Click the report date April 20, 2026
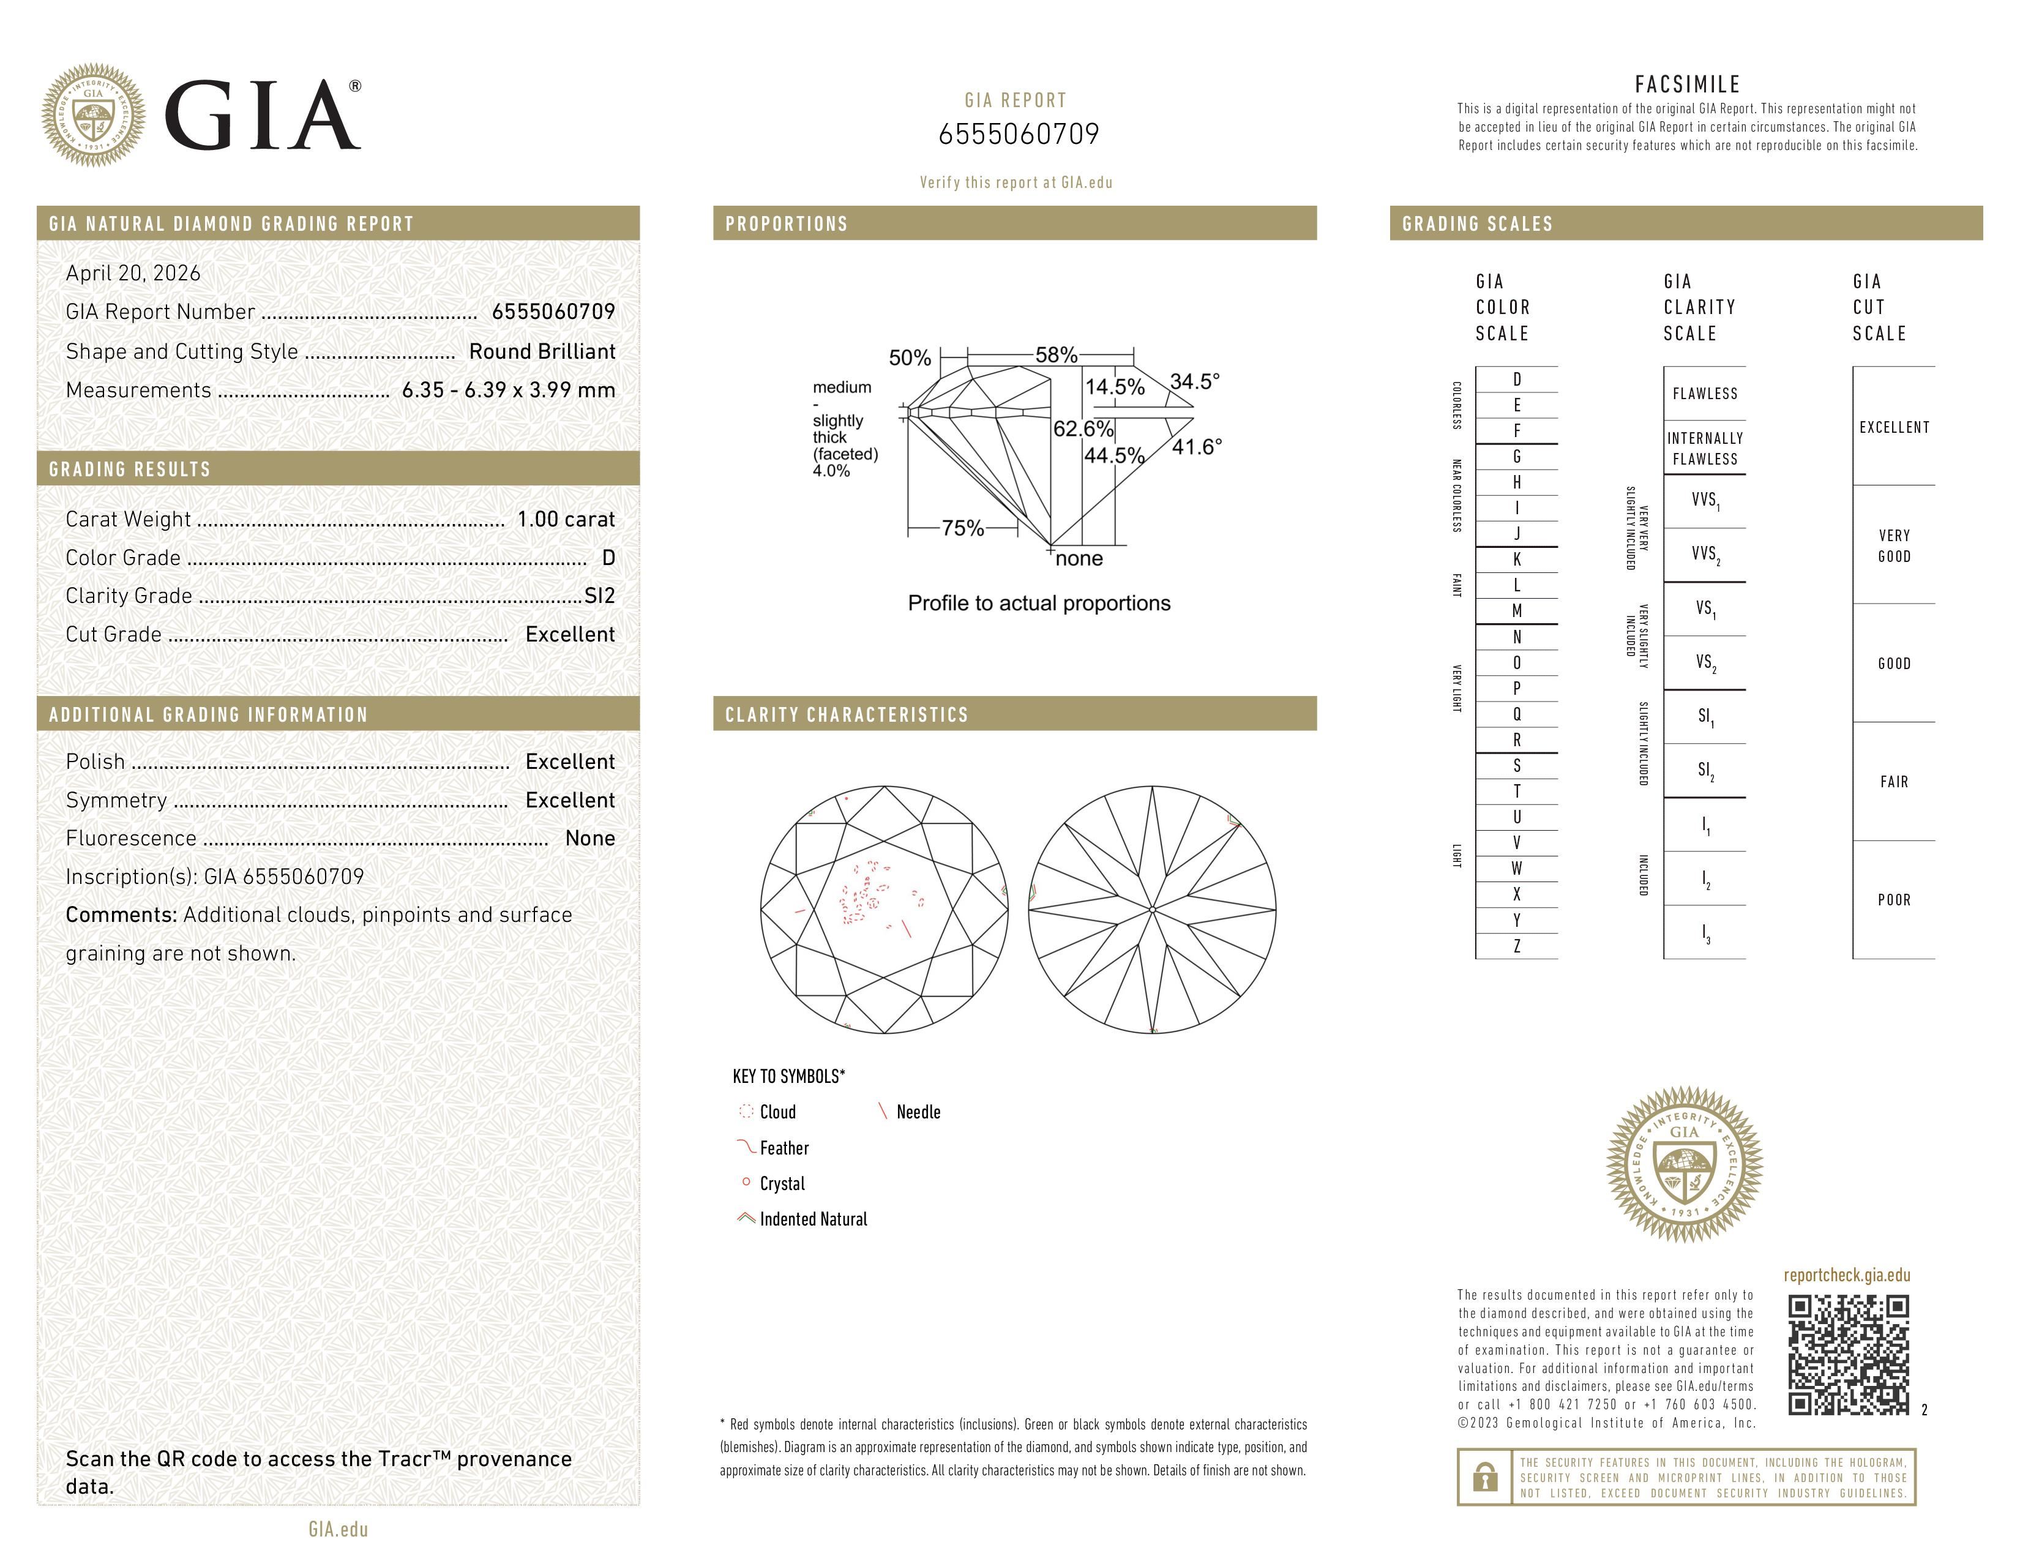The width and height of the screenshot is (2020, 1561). pyautogui.click(x=132, y=273)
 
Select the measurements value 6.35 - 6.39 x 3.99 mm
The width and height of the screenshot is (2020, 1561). pyautogui.click(x=508, y=391)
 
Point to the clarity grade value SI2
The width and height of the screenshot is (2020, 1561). pyautogui.click(x=599, y=596)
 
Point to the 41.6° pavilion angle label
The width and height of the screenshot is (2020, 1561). pyautogui.click(x=1196, y=447)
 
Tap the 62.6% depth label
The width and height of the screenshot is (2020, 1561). pyautogui.click(x=1083, y=429)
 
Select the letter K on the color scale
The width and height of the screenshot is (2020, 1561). pyautogui.click(x=1516, y=560)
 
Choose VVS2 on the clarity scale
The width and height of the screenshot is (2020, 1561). pyautogui.click(x=1705, y=555)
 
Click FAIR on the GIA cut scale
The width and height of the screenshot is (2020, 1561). pyautogui.click(x=1893, y=782)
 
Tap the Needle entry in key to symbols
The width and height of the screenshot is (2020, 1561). pyautogui.click(x=918, y=1112)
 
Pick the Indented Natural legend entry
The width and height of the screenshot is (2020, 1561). pyautogui.click(x=813, y=1219)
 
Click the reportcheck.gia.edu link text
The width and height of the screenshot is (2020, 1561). pyautogui.click(x=1846, y=1275)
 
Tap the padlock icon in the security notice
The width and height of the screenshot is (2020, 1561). pyautogui.click(x=1484, y=1477)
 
